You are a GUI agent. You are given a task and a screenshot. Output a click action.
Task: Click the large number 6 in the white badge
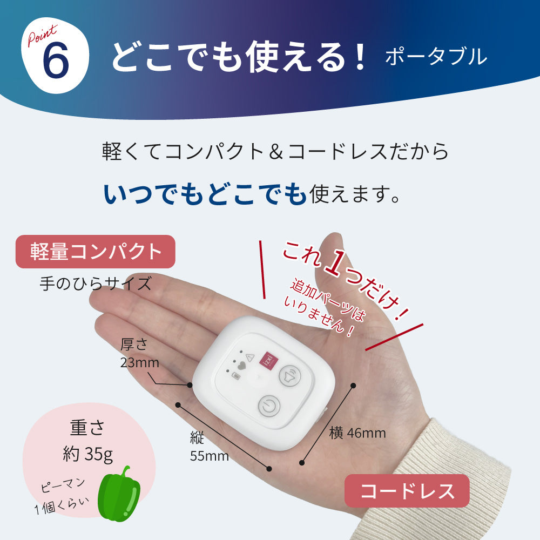click(56, 60)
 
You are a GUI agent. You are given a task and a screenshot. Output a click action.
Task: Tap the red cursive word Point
click(42, 35)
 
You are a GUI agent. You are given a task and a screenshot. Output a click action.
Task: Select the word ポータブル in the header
click(436, 57)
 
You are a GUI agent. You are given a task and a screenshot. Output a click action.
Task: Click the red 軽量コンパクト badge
click(96, 252)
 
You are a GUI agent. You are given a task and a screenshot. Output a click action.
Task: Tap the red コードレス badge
click(407, 490)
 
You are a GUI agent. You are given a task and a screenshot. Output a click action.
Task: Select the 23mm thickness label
click(139, 362)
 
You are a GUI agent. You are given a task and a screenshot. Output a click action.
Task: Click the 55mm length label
click(210, 456)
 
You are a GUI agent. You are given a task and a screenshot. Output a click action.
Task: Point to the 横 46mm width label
click(357, 433)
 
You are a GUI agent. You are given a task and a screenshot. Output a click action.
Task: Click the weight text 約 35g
click(88, 454)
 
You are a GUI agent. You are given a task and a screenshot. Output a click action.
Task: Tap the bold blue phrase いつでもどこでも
click(205, 194)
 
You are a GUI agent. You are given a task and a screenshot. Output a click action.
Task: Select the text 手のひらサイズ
click(96, 284)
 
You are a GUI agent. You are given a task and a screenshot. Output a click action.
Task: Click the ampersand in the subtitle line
click(276, 152)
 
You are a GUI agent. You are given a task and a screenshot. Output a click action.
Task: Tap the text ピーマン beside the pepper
click(62, 485)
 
